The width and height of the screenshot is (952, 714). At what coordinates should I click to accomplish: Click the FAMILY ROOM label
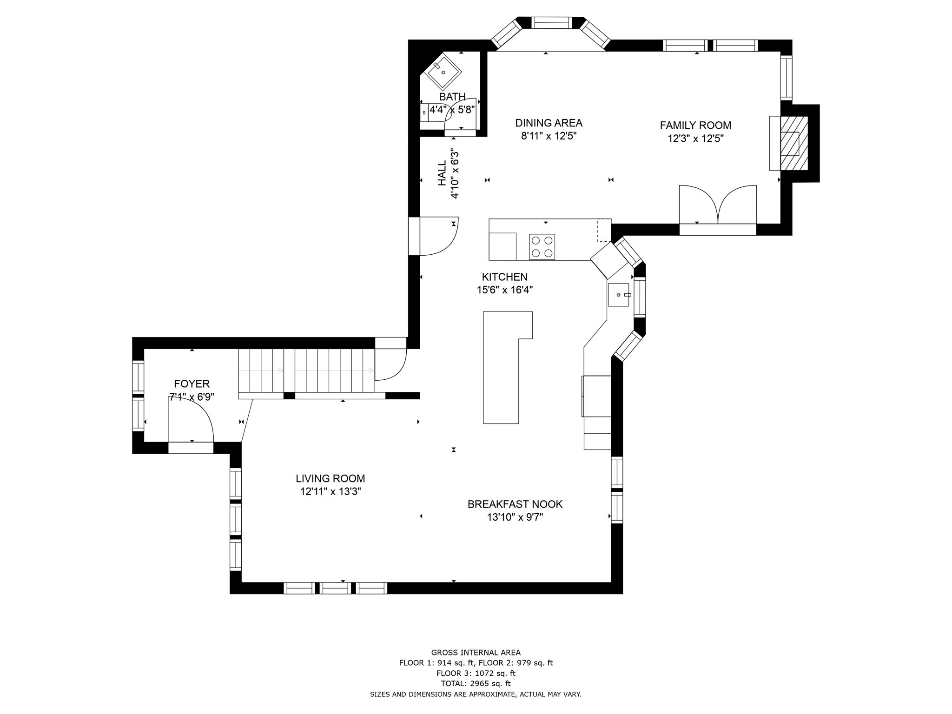coord(695,125)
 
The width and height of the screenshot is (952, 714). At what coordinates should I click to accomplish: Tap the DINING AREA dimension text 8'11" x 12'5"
coord(549,136)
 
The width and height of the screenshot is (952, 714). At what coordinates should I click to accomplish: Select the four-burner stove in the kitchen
coord(542,247)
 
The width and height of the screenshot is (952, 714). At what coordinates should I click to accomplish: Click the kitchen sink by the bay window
coord(619,295)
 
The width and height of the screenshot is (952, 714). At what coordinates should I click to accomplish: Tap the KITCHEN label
coord(504,277)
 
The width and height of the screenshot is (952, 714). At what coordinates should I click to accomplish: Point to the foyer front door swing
coord(191,423)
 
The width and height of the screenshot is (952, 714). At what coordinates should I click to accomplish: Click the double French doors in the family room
coord(718,205)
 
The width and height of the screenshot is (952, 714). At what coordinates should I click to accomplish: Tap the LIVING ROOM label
coord(330,478)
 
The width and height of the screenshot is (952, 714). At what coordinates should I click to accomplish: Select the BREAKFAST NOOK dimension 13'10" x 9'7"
coord(515,517)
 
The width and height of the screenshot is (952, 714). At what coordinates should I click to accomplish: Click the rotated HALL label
coord(442,173)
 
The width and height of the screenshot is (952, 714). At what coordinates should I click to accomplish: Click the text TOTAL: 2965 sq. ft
coord(476,683)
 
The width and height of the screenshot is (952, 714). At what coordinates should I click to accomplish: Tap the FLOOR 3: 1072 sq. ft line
coord(476,673)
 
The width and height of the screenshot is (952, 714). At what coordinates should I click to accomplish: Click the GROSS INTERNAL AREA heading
coord(476,652)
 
